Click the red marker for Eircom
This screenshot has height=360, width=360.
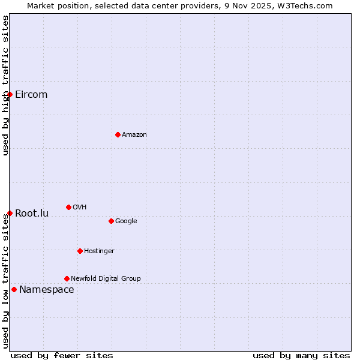(10, 94)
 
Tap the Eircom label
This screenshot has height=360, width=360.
(31, 95)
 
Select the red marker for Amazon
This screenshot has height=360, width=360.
(118, 134)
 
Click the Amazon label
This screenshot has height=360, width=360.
(134, 135)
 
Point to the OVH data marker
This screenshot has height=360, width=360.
(68, 207)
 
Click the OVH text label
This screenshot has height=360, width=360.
(80, 208)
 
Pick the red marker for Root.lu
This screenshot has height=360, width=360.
(10, 213)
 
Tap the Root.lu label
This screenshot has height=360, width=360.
(32, 214)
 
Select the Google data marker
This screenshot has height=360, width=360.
(111, 221)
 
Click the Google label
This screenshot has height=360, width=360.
(126, 221)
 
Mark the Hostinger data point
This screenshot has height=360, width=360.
(80, 251)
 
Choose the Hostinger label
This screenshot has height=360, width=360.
(99, 251)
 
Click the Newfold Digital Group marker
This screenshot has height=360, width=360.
(67, 278)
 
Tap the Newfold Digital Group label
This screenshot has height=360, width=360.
(106, 279)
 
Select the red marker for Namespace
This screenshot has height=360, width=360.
(14, 289)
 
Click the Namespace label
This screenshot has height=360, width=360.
(47, 290)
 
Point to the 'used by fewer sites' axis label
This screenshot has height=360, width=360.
(62, 355)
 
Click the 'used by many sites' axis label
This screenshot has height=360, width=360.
(301, 355)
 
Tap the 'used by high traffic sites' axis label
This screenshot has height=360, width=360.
(5, 85)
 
